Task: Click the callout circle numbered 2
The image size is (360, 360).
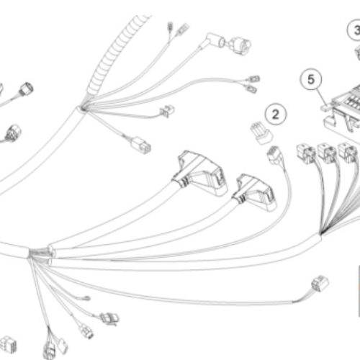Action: click(276, 114)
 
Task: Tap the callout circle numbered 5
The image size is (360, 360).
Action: click(311, 79)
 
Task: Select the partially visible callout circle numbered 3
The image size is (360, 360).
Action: click(354, 30)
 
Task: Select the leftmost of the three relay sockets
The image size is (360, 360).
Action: click(306, 153)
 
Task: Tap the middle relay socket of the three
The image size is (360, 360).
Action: click(327, 153)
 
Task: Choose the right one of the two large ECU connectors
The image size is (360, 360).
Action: click(255, 193)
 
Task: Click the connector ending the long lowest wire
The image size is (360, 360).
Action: click(320, 284)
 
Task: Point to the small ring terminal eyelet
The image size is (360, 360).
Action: click(86, 298)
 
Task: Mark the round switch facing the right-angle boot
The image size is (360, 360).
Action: click(239, 45)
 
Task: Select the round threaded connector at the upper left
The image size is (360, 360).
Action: click(27, 89)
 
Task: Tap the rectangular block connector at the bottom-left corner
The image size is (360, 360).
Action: click(9, 344)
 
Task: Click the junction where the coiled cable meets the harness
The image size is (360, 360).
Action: click(83, 109)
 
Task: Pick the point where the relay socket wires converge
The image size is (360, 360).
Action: click(321, 233)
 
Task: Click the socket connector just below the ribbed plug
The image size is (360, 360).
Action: click(275, 156)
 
